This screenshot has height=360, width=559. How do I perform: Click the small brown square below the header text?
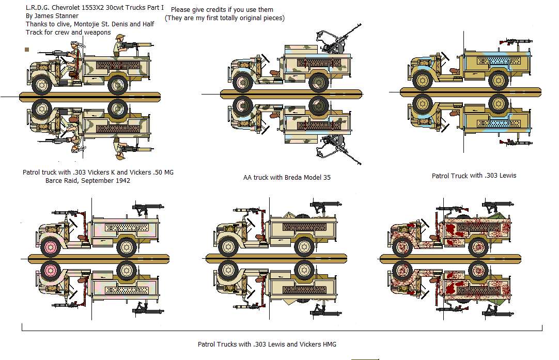[27, 50]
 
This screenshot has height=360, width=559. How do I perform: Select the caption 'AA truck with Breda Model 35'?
[287, 178]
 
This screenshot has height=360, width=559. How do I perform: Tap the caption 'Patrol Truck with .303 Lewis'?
[474, 176]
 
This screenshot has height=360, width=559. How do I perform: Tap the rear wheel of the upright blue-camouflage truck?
[499, 82]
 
